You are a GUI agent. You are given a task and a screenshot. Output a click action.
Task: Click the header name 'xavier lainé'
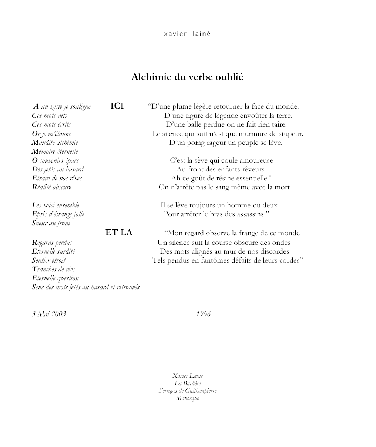click(187, 34)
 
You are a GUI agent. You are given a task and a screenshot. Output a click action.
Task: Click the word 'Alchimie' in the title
click(147, 77)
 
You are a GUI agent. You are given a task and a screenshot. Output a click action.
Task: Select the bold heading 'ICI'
click(117, 106)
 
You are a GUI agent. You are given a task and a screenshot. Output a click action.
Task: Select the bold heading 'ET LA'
click(119, 233)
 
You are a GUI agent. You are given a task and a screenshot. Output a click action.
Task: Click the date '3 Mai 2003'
click(49, 314)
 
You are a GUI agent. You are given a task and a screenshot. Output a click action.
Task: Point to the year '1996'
click(203, 314)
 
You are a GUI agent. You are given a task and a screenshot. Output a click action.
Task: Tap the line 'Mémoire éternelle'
click(55, 151)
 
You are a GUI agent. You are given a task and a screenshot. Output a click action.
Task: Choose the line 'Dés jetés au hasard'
click(58, 169)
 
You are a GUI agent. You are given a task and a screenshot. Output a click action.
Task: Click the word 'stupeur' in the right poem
click(289, 134)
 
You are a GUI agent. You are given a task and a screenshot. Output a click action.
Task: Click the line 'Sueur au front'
click(51, 223)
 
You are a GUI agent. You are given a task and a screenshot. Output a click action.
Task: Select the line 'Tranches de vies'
click(54, 269)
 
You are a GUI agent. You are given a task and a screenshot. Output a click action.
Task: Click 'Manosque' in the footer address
click(187, 398)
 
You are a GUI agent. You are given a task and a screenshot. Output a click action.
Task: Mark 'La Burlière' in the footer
click(187, 383)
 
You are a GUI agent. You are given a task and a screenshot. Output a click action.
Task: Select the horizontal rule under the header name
click(187, 39)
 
